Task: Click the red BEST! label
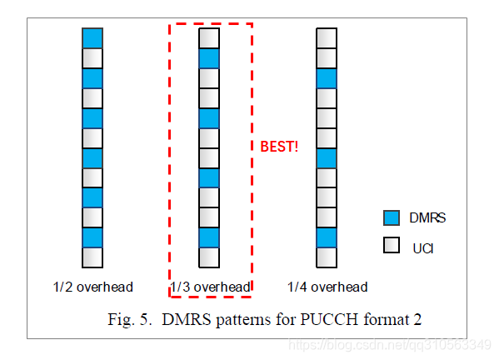coord(279,147)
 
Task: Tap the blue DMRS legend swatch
coord(392,218)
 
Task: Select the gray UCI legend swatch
coord(392,245)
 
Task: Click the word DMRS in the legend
coord(427,218)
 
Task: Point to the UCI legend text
coord(423,248)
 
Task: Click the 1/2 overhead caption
coord(93,287)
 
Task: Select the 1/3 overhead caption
coord(211,287)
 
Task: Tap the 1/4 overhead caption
coord(327,287)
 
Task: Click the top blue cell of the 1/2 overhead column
coord(92,38)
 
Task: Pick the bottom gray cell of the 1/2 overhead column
coord(92,257)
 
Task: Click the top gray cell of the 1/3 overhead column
coord(209,38)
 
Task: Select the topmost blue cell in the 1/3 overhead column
coord(209,58)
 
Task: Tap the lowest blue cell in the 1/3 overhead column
coord(209,237)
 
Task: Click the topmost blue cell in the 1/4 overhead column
coord(327,78)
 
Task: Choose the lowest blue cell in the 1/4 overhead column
coord(327,237)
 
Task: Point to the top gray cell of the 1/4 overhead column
coord(327,38)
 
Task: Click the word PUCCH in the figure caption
coord(329,319)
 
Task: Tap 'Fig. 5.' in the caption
coord(130,320)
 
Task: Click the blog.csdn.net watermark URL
coord(390,345)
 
